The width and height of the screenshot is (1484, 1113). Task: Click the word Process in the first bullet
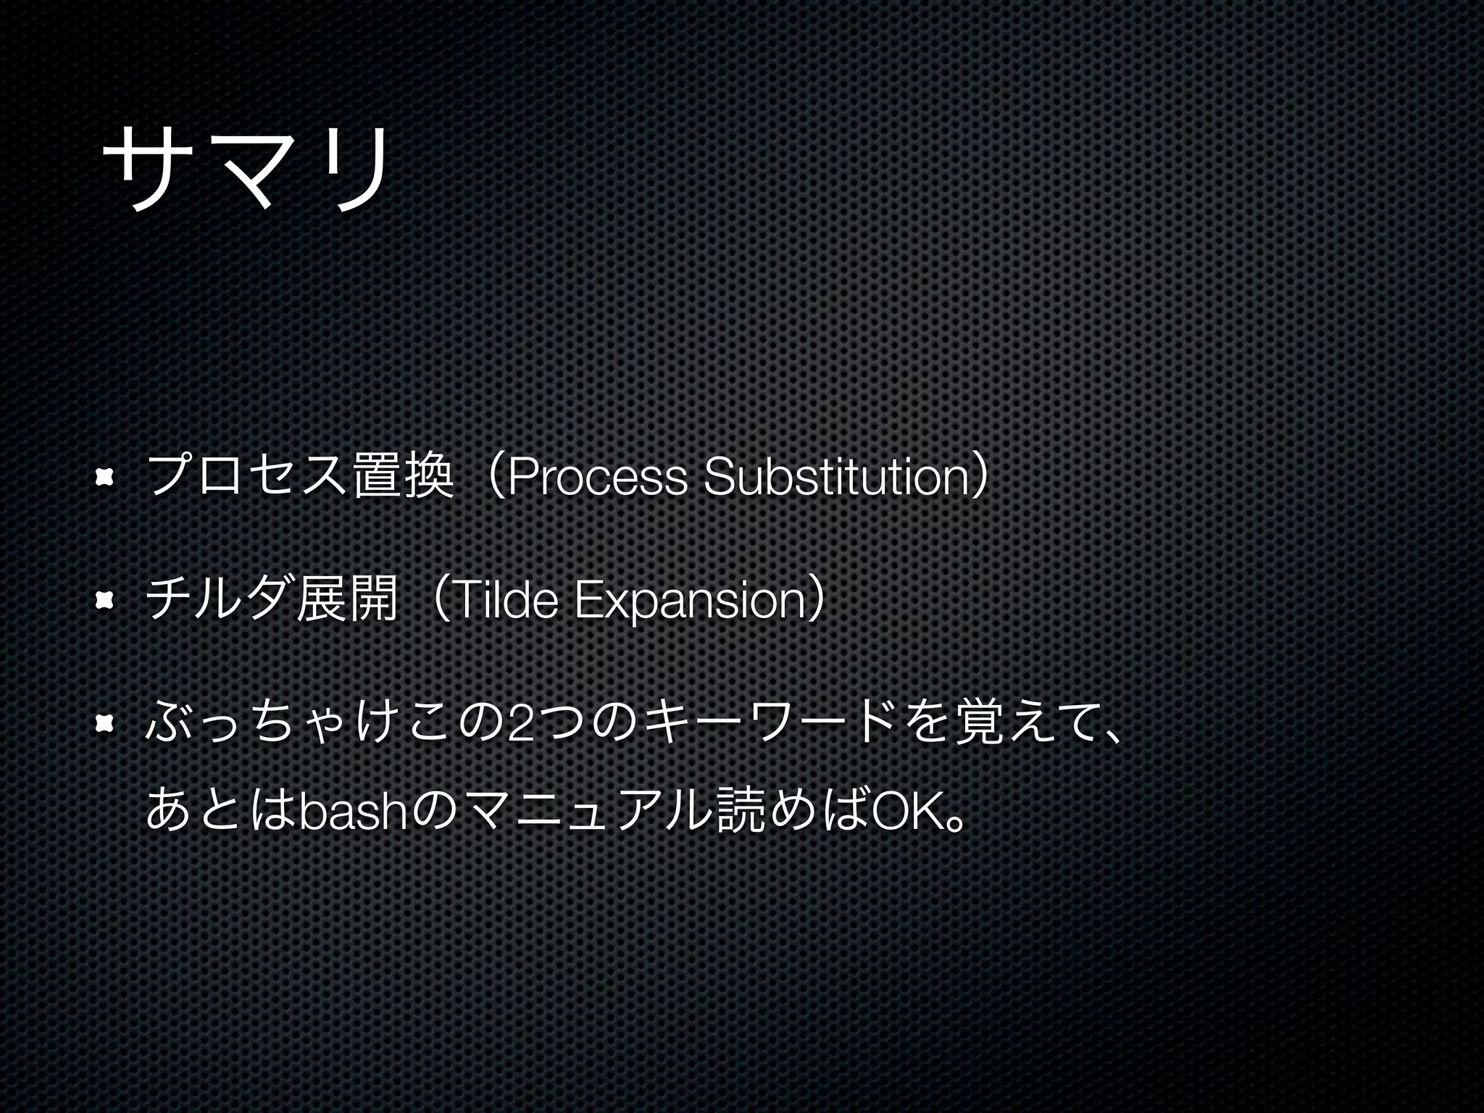pyautogui.click(x=598, y=479)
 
